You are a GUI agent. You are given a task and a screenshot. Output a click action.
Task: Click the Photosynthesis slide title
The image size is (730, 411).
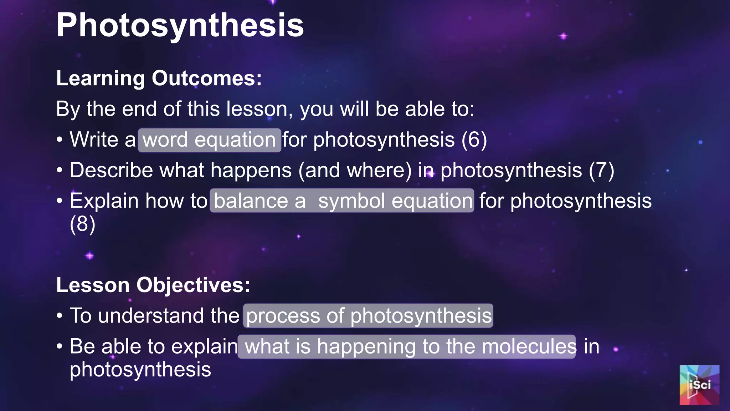coord(180,25)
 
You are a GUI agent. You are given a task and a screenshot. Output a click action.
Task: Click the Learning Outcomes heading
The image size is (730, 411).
coord(159,78)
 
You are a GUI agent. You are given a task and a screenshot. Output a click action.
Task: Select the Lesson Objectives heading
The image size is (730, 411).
coord(153,285)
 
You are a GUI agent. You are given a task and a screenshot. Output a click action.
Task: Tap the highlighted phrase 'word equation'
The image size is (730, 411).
coord(210,140)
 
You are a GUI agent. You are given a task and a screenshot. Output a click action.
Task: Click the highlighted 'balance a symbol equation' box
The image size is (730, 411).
coord(342,201)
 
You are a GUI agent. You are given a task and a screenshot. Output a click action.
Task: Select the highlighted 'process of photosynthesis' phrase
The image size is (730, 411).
coord(368,316)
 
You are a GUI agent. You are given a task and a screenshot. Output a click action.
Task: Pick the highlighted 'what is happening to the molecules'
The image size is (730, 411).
coord(407,346)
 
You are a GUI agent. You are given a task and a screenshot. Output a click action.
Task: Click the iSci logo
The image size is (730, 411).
coord(699,385)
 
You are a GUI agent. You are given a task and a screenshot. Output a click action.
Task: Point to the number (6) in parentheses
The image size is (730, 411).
coord(474,139)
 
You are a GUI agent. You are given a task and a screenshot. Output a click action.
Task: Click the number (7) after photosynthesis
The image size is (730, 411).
coord(601,170)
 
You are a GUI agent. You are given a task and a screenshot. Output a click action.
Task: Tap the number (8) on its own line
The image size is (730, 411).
coord(82,224)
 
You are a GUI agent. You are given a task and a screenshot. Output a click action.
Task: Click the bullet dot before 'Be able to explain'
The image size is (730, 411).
coord(60,347)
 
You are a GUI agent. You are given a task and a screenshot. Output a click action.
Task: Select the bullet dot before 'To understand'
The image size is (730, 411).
coord(60,316)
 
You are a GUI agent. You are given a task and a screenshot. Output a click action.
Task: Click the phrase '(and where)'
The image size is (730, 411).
coord(355,170)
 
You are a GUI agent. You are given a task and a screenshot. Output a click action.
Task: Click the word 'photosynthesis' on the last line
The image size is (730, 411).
coord(140,369)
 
